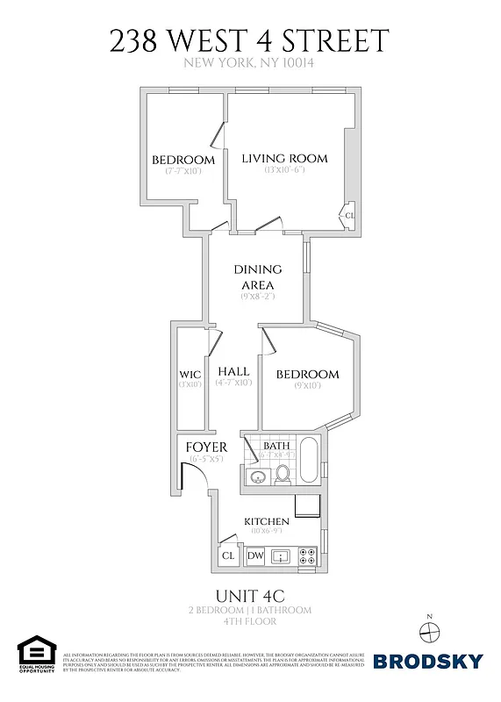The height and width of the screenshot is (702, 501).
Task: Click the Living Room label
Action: (284, 159)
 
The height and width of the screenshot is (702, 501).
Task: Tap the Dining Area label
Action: (257, 277)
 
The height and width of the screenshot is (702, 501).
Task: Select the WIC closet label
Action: (190, 375)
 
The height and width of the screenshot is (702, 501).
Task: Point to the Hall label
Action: (234, 371)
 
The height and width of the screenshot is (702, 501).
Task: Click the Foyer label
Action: (207, 448)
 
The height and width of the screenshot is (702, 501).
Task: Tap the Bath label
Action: (277, 447)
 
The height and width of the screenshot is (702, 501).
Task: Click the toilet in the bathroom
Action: (283, 474)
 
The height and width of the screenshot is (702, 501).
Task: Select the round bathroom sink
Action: (256, 476)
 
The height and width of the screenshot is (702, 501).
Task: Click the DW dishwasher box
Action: (255, 555)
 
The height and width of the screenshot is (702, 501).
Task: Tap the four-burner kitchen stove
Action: (308, 555)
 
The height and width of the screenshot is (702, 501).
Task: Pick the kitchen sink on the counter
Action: (282, 555)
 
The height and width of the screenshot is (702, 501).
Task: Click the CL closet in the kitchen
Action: (228, 555)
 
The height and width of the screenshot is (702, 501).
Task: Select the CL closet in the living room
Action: (349, 215)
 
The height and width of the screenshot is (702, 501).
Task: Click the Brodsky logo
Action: (428, 662)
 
